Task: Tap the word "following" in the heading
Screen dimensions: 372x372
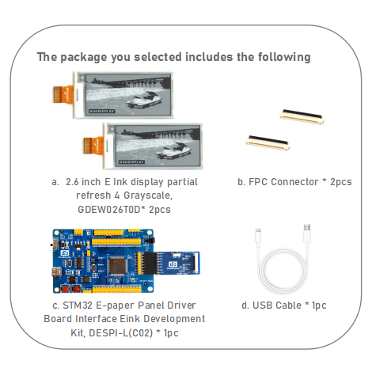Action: pyautogui.click(x=284, y=57)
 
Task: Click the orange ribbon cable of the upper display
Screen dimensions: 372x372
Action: pyautogui.click(x=63, y=94)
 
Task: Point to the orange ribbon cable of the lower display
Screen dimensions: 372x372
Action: pyautogui.click(x=93, y=145)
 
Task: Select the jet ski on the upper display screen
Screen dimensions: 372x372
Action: pyautogui.click(x=144, y=100)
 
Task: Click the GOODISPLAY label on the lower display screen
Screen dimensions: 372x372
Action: pyautogui.click(x=131, y=161)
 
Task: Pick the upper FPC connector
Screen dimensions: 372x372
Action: pyautogui.click(x=302, y=116)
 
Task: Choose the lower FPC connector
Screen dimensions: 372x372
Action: pyautogui.click(x=268, y=142)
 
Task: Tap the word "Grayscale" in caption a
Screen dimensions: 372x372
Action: pyautogui.click(x=148, y=195)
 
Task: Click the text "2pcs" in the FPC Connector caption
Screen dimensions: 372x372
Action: pyautogui.click(x=341, y=182)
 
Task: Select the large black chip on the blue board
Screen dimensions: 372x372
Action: pyautogui.click(x=117, y=266)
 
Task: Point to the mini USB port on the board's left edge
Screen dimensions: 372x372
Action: pyautogui.click(x=56, y=271)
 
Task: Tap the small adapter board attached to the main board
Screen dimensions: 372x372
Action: pyautogui.click(x=173, y=263)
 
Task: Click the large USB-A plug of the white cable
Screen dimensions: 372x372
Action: pyautogui.click(x=307, y=233)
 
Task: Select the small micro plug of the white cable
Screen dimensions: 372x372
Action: pyautogui.click(x=258, y=235)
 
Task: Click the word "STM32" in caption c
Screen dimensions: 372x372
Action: pyautogui.click(x=78, y=306)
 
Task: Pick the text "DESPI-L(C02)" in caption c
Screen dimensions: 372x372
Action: pyautogui.click(x=121, y=333)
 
